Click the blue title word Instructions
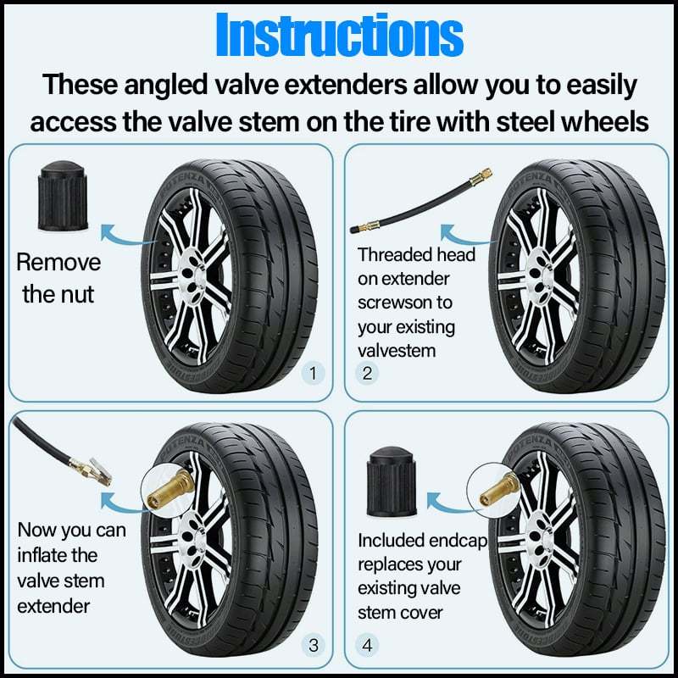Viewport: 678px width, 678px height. pos(339,36)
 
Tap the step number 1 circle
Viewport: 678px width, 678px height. pos(314,372)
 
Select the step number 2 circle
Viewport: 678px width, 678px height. pos(367,372)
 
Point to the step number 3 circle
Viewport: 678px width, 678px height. pos(314,645)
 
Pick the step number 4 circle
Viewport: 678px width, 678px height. pos(367,645)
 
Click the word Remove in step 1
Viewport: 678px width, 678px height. pos(58,262)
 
